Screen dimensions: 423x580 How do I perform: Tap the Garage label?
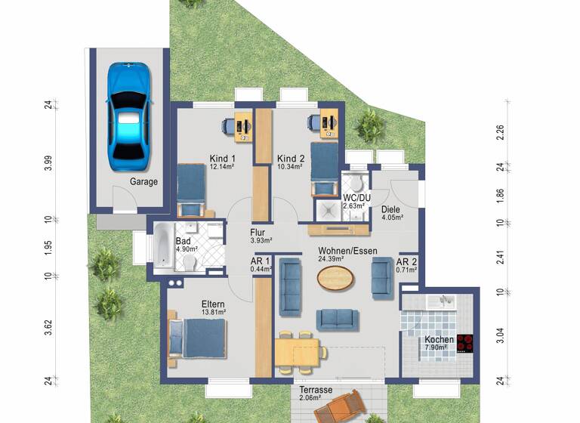(x=143, y=182)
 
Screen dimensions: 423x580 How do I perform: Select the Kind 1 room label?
(x=221, y=159)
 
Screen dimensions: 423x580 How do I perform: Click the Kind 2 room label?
(x=290, y=159)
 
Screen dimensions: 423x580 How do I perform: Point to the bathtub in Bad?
(x=164, y=249)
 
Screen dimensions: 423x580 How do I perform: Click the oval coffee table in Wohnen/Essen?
(x=335, y=278)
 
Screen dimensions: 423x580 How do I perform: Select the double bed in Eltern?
(x=197, y=338)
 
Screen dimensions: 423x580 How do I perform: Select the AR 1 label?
(x=260, y=261)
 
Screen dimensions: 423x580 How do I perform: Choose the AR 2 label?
(x=406, y=261)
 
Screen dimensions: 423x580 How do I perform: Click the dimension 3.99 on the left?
(x=48, y=163)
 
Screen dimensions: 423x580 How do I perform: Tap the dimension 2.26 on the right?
(x=499, y=132)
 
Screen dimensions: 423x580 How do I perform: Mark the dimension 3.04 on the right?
(x=499, y=336)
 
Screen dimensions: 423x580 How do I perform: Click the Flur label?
(x=260, y=233)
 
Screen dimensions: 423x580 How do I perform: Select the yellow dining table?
(x=300, y=352)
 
